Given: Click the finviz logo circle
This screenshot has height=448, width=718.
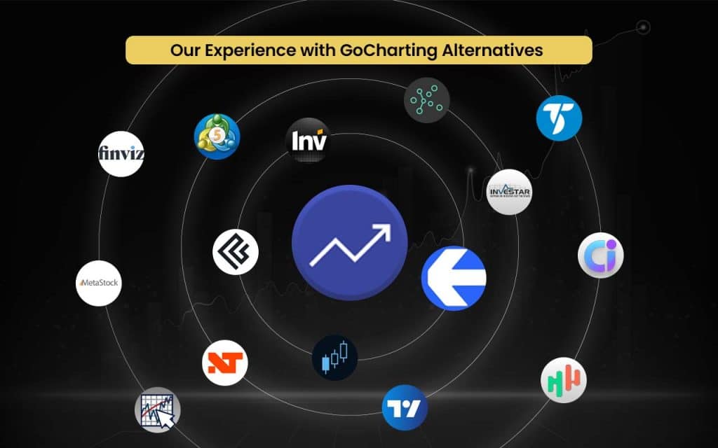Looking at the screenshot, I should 121,153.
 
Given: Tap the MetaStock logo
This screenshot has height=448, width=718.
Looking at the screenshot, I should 99,283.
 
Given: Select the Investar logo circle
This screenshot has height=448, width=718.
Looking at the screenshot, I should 510,192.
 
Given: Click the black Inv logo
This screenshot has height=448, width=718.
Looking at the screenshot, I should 309,141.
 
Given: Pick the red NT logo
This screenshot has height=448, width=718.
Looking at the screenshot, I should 225,363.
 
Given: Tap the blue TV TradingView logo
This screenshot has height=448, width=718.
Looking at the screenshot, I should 405,407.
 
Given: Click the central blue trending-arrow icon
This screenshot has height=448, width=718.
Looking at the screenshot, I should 349,243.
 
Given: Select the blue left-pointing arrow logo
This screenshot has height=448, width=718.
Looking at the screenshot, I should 454,278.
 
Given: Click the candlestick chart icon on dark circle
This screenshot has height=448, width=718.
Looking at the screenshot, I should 334,358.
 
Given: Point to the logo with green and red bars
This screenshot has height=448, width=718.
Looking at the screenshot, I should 564,380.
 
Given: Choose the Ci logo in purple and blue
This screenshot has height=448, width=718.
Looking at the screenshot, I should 601,255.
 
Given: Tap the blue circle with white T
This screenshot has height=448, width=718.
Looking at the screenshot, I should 559,118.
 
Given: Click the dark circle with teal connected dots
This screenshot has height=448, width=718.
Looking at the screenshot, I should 427,99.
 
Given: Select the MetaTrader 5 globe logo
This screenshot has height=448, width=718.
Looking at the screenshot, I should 217,136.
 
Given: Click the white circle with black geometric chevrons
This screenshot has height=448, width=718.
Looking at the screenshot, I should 236,252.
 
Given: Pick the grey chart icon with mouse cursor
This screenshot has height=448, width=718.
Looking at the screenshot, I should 158,409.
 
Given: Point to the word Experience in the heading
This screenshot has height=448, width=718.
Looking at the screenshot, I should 226,50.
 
